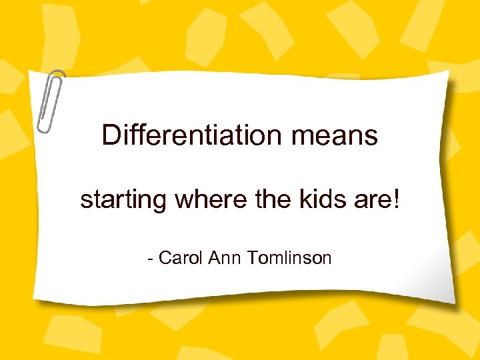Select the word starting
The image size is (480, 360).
point(123,200)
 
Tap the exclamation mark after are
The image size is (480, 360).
point(397,199)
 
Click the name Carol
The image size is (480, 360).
point(181,258)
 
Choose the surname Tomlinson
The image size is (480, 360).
point(289,258)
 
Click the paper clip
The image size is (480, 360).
point(51,100)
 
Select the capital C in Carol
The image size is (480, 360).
point(166,258)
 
